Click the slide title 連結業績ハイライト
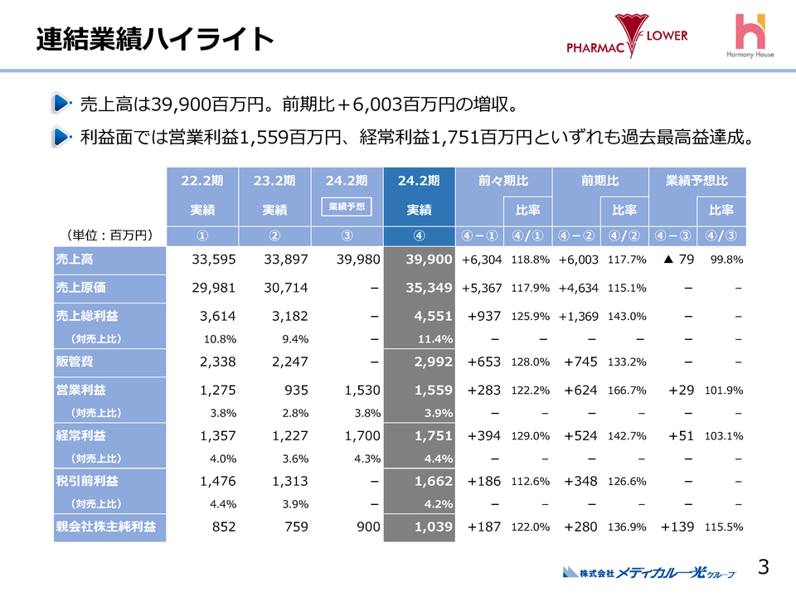coord(155,38)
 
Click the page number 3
coord(764,567)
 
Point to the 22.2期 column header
coord(201,180)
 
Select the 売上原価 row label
coord(82,288)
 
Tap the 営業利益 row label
coord(82,390)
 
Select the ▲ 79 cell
coord(678,260)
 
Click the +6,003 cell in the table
coord(578,260)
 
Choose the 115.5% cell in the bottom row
coord(724,527)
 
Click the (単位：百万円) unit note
coord(108,235)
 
